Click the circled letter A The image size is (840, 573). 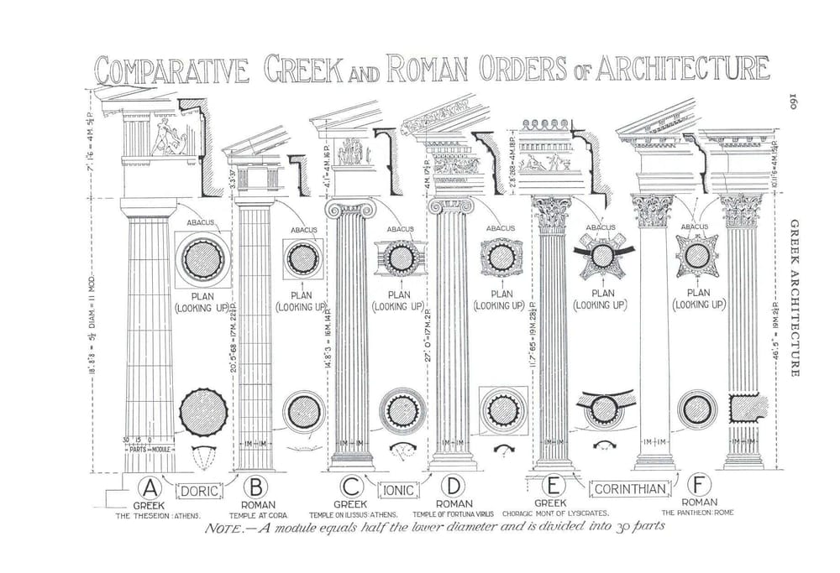pos(150,487)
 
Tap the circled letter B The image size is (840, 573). pos(255,487)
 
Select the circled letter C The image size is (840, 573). pos(351,487)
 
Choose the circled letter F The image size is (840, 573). pos(700,486)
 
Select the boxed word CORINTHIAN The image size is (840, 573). pos(631,489)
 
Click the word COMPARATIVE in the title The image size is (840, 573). pos(171,71)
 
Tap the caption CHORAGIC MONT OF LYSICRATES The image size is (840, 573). pos(555,513)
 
